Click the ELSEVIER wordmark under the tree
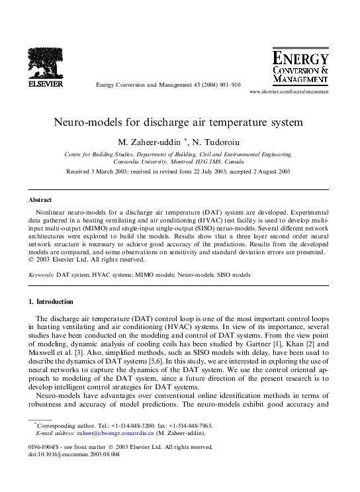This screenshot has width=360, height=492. click(x=46, y=85)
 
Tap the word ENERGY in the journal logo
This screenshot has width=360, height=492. click(x=300, y=59)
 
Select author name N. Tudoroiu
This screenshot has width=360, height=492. click(x=217, y=142)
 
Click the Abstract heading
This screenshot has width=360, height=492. click(x=40, y=199)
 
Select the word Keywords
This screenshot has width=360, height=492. click(x=41, y=274)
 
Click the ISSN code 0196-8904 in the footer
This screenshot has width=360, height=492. click(x=44, y=448)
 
